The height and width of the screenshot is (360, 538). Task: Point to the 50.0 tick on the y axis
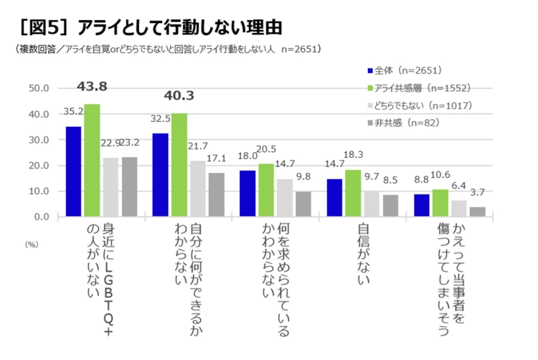(37, 88)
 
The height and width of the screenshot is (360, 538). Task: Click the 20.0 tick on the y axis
(37, 166)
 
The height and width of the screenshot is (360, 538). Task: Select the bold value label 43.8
(92, 87)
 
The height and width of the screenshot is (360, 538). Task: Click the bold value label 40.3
(179, 95)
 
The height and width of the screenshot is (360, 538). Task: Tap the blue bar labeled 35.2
(74, 171)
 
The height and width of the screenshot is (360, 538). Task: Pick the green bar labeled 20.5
(265, 189)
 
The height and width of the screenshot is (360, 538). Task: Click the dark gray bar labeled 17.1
(217, 194)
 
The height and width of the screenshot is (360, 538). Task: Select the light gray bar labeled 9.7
(372, 203)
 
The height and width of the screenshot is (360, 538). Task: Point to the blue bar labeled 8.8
(421, 204)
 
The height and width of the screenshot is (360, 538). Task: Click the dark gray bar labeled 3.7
(477, 211)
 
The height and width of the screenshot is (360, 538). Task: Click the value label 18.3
(353, 154)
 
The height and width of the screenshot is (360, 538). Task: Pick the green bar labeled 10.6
(440, 202)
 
